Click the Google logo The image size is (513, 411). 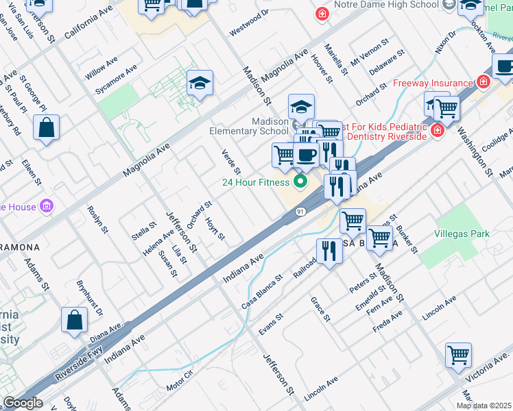(x=23, y=403)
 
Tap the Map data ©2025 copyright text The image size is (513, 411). (x=484, y=406)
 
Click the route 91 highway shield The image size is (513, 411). (x=301, y=212)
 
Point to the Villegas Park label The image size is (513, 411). (x=462, y=234)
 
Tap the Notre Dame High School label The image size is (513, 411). (x=386, y=5)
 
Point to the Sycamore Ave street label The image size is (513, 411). (x=116, y=79)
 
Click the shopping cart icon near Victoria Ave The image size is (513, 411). (x=458, y=356)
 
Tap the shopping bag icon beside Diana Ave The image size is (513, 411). (x=74, y=320)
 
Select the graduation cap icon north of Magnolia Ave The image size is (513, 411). (x=200, y=84)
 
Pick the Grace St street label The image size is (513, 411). (x=320, y=309)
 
